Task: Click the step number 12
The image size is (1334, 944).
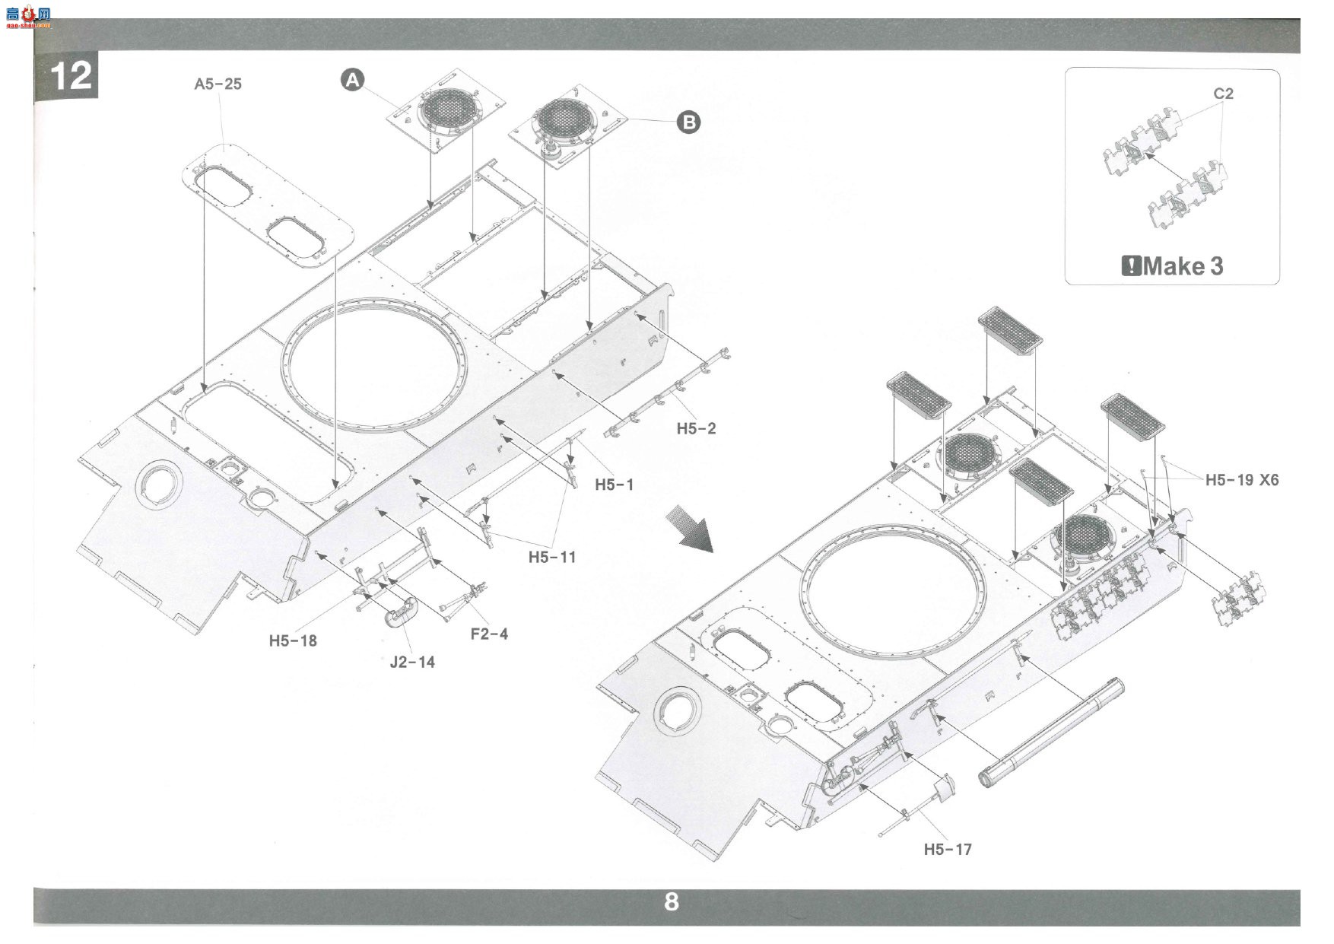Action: click(71, 76)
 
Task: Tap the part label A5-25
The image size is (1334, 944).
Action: click(218, 84)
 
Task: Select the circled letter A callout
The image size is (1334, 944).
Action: click(352, 79)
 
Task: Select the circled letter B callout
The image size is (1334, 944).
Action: click(688, 122)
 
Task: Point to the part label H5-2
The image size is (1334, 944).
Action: click(697, 428)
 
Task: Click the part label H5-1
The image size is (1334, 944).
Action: click(614, 485)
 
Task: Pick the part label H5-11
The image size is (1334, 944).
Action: click(552, 557)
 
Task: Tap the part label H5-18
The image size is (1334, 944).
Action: click(293, 640)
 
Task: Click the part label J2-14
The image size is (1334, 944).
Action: click(412, 662)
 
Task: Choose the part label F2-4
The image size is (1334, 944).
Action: click(489, 634)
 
